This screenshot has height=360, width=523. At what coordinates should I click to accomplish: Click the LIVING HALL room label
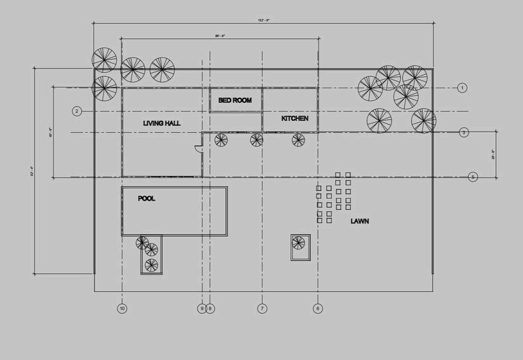coord(161,123)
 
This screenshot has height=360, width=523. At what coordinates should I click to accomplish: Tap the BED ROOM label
coord(235,100)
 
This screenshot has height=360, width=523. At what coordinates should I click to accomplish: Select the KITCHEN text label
coord(295,119)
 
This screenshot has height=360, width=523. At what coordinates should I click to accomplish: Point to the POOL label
coord(147,199)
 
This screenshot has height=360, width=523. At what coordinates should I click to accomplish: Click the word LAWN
coord(360,222)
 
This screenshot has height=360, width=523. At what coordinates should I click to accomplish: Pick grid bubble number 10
coord(122,309)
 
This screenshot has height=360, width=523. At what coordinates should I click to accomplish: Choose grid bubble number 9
coord(202,309)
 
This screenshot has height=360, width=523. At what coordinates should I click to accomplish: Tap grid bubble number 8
coord(210,309)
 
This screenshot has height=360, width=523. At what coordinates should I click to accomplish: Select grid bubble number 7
coord(262,309)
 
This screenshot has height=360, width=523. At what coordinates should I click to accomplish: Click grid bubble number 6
coord(318,309)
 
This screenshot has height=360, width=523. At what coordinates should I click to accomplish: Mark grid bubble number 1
coord(462,88)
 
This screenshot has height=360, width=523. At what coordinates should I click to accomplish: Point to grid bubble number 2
coord(77,111)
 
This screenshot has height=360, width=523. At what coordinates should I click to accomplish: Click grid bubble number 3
coord(464,132)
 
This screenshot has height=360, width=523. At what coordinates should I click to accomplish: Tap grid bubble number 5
coord(473,177)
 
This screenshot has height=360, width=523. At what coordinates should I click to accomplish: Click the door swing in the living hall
coord(198,150)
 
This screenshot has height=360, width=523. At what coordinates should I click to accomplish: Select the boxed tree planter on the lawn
coord(300,246)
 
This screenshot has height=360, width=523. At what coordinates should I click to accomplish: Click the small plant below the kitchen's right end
coord(298,140)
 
